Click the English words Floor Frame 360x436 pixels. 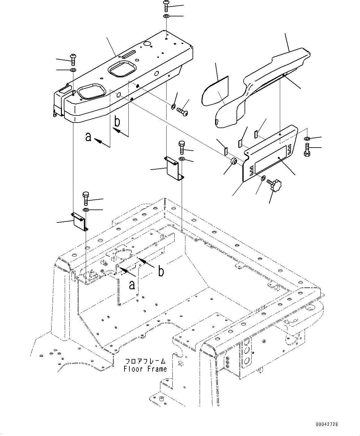coord(145,369)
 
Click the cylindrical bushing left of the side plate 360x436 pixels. coord(234,161)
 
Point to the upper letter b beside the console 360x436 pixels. coord(117,122)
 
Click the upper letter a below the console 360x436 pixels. coord(89,136)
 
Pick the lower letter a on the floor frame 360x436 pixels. coord(132,284)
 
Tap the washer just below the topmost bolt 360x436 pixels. coord(166,16)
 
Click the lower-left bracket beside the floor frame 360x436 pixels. coord(80,221)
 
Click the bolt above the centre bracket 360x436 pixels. coord(182,148)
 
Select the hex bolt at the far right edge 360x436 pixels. coord(308,150)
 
